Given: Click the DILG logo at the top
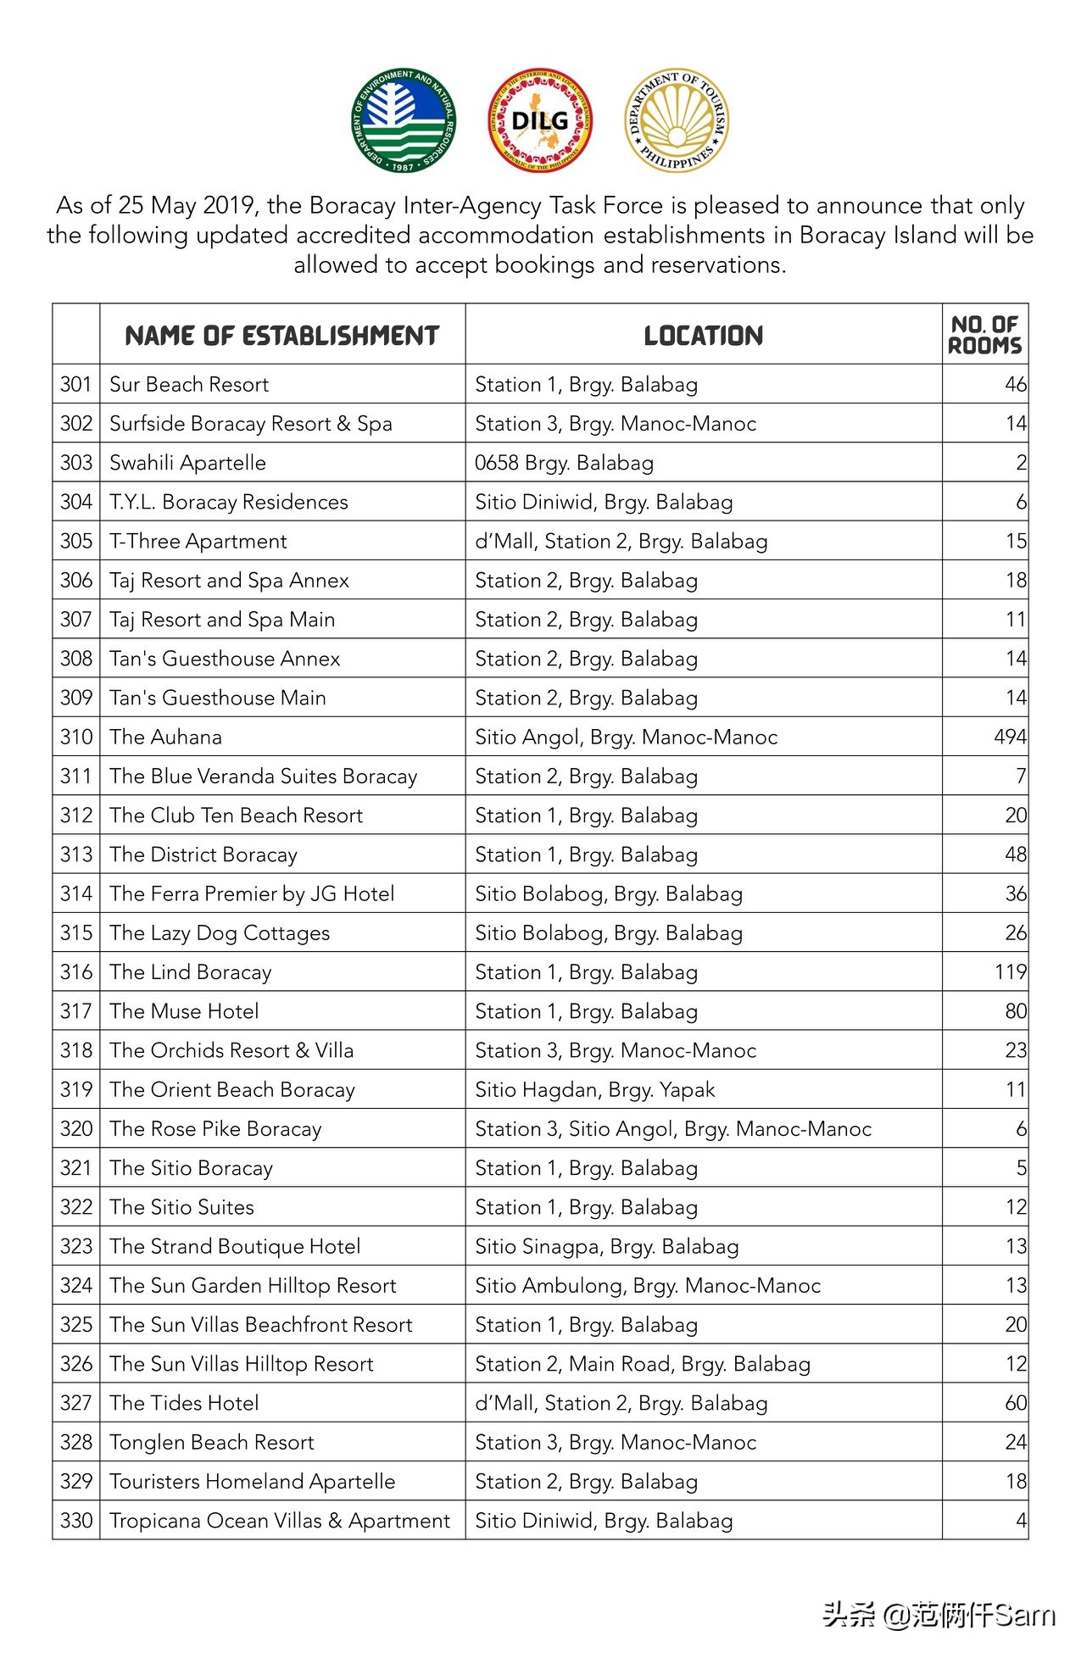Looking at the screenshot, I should pyautogui.click(x=540, y=120).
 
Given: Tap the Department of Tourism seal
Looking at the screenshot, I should pyautogui.click(x=677, y=120).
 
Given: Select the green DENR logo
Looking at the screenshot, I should pyautogui.click(x=404, y=120).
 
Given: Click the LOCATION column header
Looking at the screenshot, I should pyautogui.click(x=703, y=336).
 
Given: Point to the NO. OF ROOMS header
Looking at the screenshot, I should pyautogui.click(x=984, y=335).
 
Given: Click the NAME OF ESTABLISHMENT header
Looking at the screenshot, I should pyautogui.click(x=281, y=336).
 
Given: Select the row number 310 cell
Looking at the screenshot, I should pyautogui.click(x=76, y=737).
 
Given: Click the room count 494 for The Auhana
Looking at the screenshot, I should pyautogui.click(x=1010, y=737).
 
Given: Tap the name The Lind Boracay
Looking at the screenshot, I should pyautogui.click(x=191, y=971).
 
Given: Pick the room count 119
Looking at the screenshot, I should pyautogui.click(x=1010, y=971).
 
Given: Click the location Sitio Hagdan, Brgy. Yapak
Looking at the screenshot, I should pyautogui.click(x=594, y=1089).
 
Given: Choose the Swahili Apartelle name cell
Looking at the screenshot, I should pyautogui.click(x=187, y=463).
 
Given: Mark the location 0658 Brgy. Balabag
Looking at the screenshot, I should pyautogui.click(x=564, y=463).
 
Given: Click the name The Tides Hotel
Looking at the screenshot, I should pyautogui.click(x=184, y=1403).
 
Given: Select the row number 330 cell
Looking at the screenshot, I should pyautogui.click(x=76, y=1520).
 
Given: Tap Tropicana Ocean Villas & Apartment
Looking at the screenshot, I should pyautogui.click(x=280, y=1520).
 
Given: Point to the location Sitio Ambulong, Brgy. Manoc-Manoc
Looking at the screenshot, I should pyautogui.click(x=648, y=1285).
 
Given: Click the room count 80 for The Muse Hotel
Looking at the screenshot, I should pyautogui.click(x=1015, y=1010).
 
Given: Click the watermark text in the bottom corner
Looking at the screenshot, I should pyautogui.click(x=939, y=1615).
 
